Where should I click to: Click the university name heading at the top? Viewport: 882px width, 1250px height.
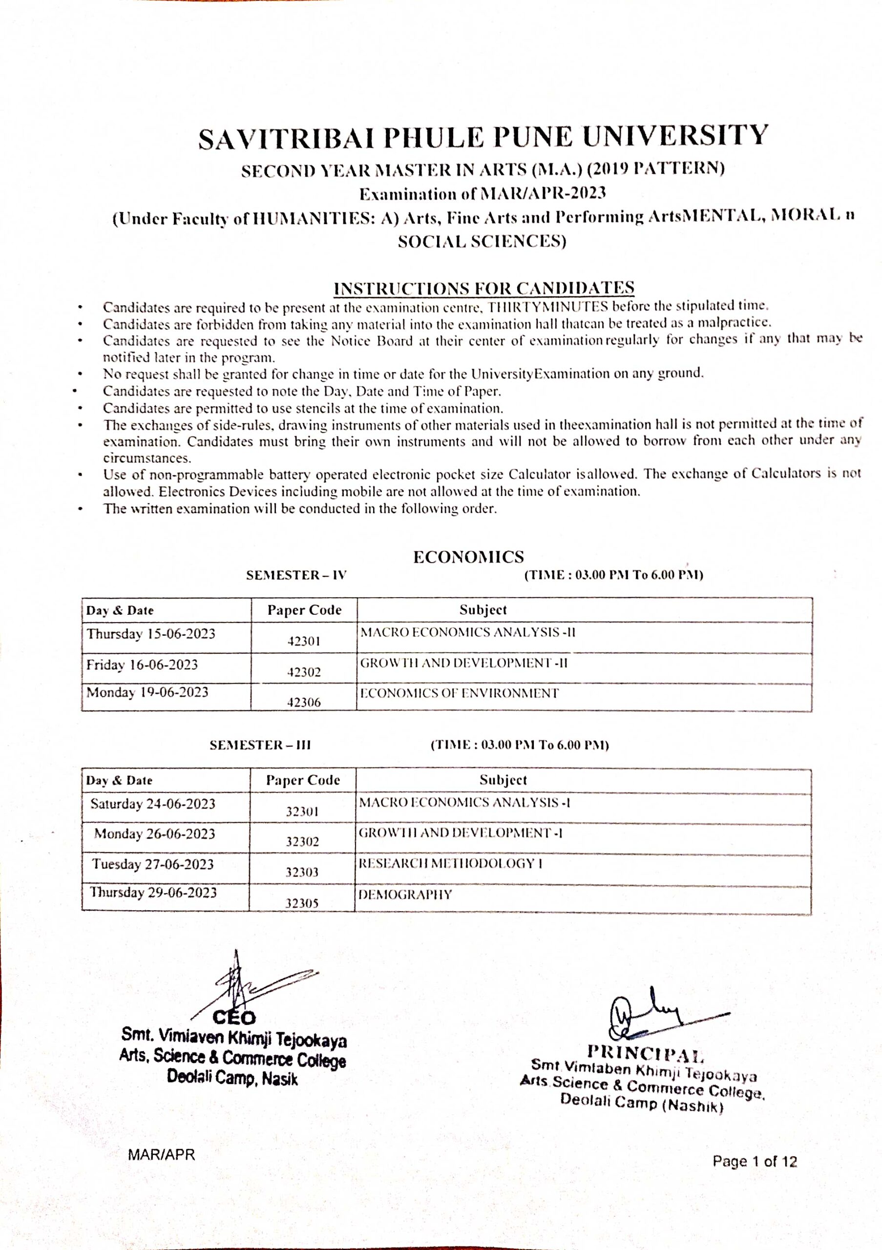[483, 137]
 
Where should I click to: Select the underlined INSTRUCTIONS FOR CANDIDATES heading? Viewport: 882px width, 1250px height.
[483, 288]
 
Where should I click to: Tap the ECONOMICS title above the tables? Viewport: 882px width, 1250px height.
[468, 557]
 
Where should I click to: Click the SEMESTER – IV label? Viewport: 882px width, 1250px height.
[296, 576]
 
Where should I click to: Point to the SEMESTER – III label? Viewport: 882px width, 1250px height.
[260, 745]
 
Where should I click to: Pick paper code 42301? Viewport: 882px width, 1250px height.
[304, 641]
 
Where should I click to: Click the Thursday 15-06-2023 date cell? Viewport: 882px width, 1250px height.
[151, 634]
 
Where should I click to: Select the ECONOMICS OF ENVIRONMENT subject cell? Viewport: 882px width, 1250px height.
[460, 693]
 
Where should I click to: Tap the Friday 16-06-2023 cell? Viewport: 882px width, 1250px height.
[142, 665]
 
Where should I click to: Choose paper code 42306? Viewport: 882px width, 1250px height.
[304, 702]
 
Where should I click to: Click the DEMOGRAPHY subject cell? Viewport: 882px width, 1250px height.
[405, 895]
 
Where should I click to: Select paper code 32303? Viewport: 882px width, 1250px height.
[302, 872]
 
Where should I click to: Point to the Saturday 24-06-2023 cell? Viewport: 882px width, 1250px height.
[153, 804]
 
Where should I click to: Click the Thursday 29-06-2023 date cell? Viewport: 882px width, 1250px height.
[153, 893]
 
